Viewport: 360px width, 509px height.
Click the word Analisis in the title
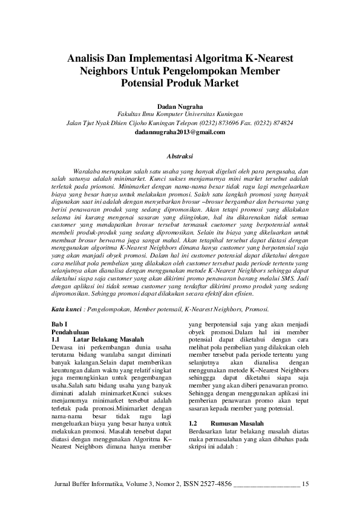[88, 59]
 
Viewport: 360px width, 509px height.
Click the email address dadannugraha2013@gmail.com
[180, 131]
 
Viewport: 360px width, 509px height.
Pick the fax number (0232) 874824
[276, 122]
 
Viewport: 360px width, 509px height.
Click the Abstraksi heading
[180, 156]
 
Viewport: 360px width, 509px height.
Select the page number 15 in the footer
[305, 484]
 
